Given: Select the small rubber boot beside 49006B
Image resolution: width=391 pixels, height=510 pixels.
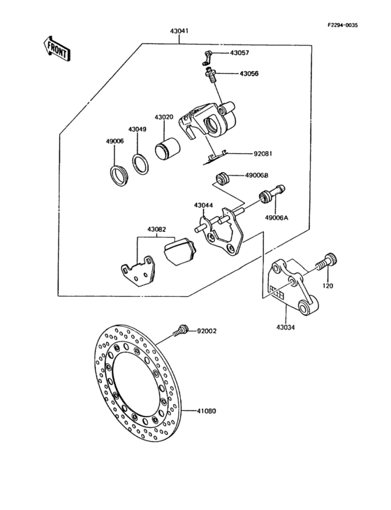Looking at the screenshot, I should tap(223, 178).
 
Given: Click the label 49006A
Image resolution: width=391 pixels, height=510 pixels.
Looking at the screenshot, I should tap(276, 217).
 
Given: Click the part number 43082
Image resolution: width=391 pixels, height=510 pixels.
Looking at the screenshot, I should tap(156, 229).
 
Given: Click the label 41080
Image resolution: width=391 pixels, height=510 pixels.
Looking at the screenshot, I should tap(206, 410).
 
